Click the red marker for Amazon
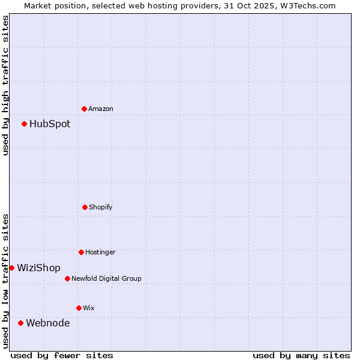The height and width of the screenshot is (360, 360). tap(84, 109)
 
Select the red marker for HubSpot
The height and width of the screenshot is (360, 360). tap(25, 124)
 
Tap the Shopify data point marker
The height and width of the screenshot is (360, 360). tap(85, 207)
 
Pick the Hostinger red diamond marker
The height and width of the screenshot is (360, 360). tap(81, 252)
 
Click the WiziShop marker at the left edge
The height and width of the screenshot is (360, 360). tap(11, 268)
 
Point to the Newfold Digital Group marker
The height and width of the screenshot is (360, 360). tap(67, 278)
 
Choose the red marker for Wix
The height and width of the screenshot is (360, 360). tap(79, 308)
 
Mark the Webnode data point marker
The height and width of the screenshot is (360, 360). tap(21, 323)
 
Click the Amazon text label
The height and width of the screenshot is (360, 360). tap(101, 109)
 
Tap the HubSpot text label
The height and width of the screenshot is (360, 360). tap(50, 124)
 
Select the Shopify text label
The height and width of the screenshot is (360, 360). tap(101, 207)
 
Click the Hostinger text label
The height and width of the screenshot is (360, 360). tap(100, 252)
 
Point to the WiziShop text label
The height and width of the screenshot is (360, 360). tap(38, 268)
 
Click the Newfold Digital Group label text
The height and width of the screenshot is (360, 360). tap(106, 278)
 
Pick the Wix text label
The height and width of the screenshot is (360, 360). tap(89, 308)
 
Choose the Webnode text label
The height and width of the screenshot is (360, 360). tap(47, 323)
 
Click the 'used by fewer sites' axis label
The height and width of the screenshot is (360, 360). tap(62, 355)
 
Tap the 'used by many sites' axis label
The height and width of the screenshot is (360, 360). tap(301, 355)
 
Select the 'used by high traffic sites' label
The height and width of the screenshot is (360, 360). tap(5, 85)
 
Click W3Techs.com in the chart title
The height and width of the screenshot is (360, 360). tap(310, 5)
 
